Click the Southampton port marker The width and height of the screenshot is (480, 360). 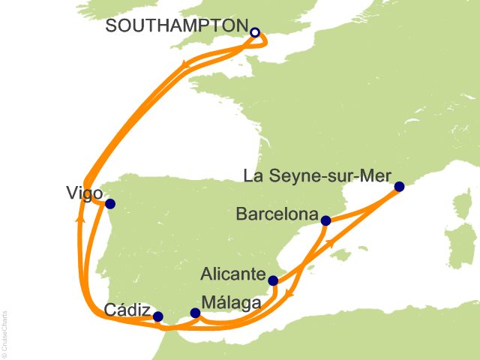pos(255,32)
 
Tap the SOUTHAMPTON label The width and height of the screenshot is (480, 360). pos(177,26)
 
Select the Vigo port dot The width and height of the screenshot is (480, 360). pos(110,204)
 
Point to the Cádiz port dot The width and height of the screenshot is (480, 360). pos(157,316)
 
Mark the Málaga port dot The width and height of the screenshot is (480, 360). pos(195,313)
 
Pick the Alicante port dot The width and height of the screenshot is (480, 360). pos(273,282)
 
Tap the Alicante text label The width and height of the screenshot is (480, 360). pos(231,271)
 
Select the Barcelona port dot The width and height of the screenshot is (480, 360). pos(325,221)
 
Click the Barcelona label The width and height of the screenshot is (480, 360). pos(277,214)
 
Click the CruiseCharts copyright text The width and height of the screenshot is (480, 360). pos(5,331)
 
